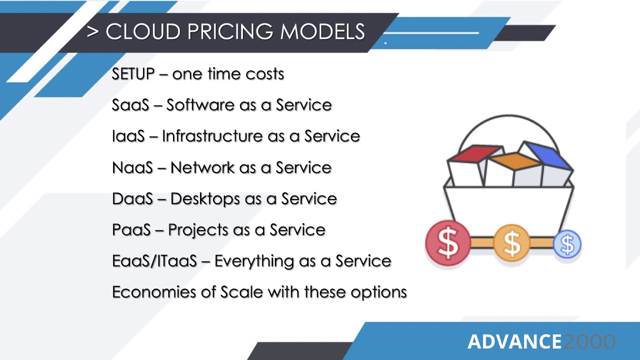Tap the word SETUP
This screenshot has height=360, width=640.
point(133,74)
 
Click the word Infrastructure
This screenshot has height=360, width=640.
point(211,136)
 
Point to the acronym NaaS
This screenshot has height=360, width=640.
point(132,167)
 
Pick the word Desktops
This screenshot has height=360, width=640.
point(205,198)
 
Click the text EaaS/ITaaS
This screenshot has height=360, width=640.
point(154,261)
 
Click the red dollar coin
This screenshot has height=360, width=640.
point(448,242)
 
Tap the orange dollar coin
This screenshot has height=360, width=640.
point(511,243)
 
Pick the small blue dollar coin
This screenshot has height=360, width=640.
point(567,244)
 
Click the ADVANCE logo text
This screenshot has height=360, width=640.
point(514,342)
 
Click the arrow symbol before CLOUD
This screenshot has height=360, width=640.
point(92,32)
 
